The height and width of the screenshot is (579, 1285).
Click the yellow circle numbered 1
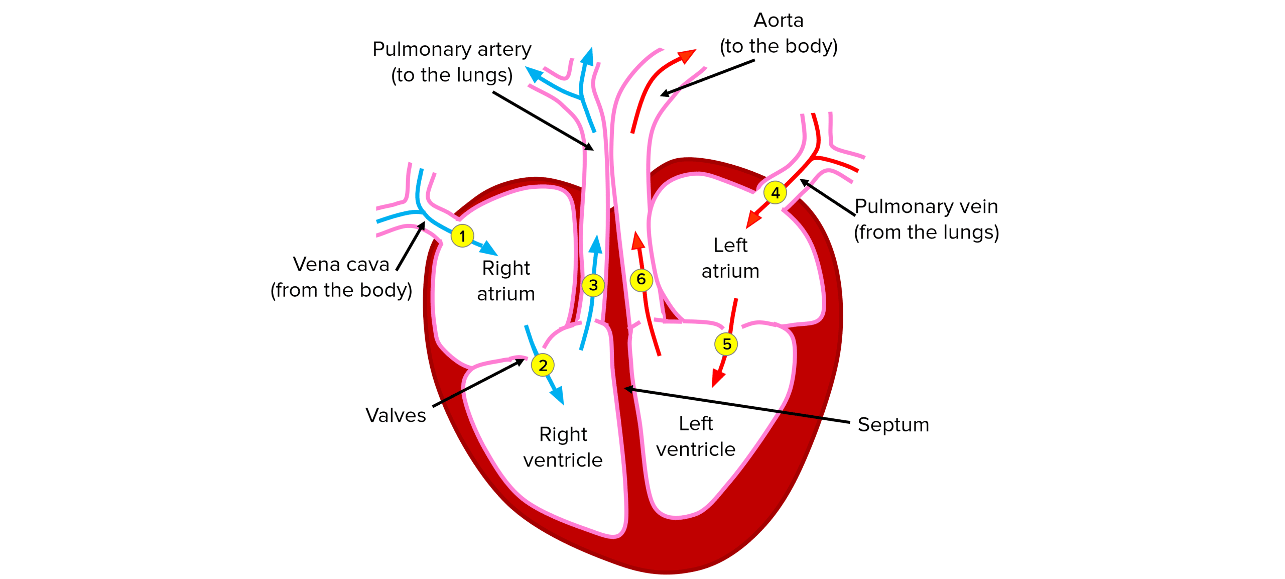[x=462, y=236]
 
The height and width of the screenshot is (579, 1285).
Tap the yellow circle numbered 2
[x=543, y=365]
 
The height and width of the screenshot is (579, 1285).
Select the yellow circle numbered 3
[x=593, y=285]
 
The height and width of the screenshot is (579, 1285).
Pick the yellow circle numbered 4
[x=775, y=192]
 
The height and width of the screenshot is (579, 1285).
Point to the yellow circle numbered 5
[x=726, y=344]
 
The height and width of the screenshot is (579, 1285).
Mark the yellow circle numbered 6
[x=641, y=279]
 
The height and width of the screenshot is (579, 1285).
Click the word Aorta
[x=779, y=21]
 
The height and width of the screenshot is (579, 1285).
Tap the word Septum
[x=893, y=425]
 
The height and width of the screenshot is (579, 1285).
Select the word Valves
[x=396, y=415]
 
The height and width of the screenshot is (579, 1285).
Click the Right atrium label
[x=506, y=281]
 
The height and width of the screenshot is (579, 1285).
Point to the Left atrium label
[x=730, y=258]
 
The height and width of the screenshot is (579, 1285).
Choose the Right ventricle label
[x=563, y=447]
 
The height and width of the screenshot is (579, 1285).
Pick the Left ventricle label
[x=696, y=436]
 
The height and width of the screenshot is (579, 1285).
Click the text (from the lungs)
[x=926, y=233]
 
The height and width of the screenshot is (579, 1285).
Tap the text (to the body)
[x=779, y=46]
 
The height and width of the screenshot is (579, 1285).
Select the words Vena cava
[x=341, y=264]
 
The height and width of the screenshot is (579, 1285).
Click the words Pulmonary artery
[x=452, y=49]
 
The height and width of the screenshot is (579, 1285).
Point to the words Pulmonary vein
[x=926, y=206]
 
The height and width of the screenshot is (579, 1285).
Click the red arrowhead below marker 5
[x=718, y=380]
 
